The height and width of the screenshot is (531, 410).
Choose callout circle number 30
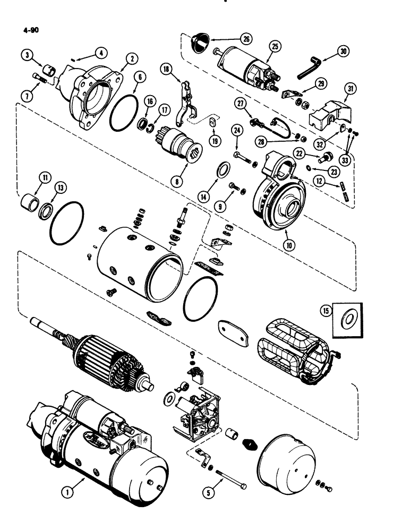coord(344,51)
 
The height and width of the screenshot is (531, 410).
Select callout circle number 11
coord(33,178)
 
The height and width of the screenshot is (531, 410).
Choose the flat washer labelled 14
coord(224,172)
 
